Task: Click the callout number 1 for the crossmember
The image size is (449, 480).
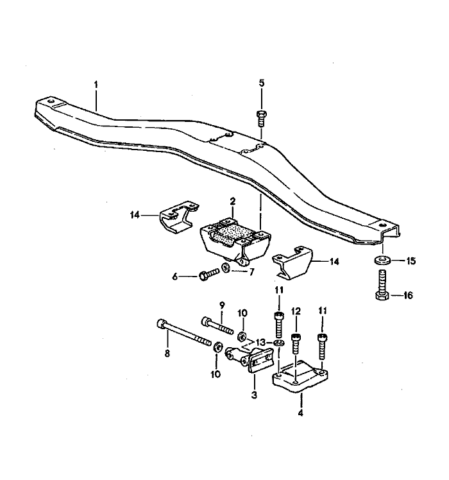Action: (x=96, y=83)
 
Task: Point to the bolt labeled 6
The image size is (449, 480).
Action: (x=209, y=274)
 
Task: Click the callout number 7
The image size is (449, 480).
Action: (x=251, y=272)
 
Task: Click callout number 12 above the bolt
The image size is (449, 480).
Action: (x=296, y=311)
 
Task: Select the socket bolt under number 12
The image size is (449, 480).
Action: (x=296, y=343)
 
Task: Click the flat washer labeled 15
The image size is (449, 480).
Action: (x=382, y=261)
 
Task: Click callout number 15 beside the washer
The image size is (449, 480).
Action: (x=411, y=261)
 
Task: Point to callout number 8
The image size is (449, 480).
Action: (x=167, y=352)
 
